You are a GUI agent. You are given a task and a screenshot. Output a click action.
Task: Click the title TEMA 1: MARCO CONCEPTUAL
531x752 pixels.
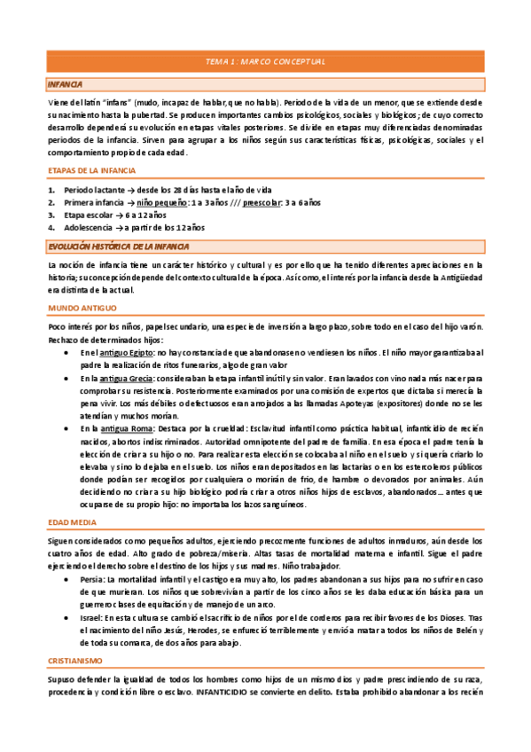265,61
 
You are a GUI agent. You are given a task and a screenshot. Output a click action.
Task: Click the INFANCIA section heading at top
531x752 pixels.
65,84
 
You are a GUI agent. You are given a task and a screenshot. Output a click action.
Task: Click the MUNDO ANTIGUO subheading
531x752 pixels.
82,307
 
